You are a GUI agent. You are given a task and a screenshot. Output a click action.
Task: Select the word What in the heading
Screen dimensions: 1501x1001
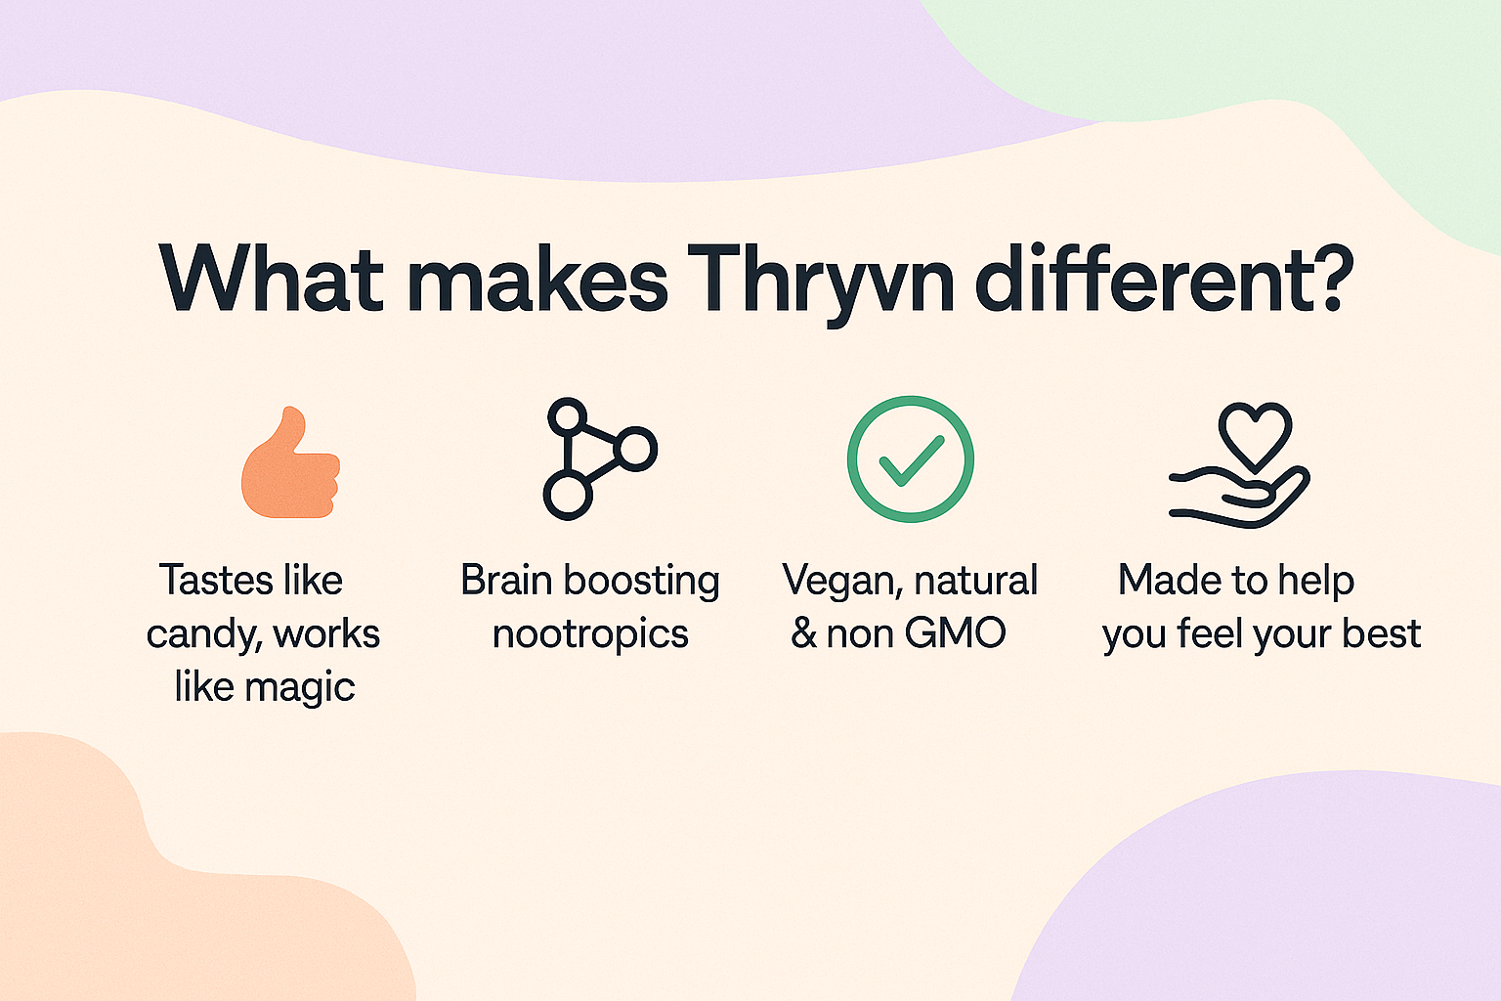click(271, 279)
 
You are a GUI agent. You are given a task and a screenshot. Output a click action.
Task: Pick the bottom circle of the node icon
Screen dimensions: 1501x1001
click(568, 497)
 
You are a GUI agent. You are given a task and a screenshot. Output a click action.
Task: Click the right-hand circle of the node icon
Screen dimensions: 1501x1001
click(635, 449)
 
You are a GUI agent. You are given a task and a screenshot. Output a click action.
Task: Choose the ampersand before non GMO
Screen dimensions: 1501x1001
click(804, 632)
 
